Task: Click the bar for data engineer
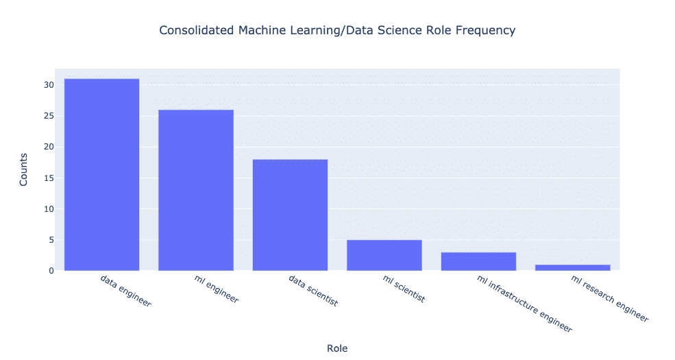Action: (x=101, y=175)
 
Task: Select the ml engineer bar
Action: (x=196, y=190)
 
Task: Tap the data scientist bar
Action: (x=290, y=215)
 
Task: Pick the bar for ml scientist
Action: (x=384, y=255)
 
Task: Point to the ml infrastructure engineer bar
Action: (x=478, y=261)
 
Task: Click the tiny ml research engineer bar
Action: (x=572, y=267)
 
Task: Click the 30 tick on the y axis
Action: (x=49, y=85)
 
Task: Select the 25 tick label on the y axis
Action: (x=49, y=116)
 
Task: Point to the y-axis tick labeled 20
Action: (x=49, y=147)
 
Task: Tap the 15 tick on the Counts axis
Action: (x=49, y=178)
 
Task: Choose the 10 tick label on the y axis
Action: (x=49, y=209)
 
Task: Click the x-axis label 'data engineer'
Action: (x=125, y=289)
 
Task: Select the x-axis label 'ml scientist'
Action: (x=403, y=289)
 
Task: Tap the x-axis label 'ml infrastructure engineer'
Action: (x=523, y=303)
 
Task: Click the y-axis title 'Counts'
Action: (x=24, y=170)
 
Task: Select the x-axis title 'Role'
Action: (x=337, y=348)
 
